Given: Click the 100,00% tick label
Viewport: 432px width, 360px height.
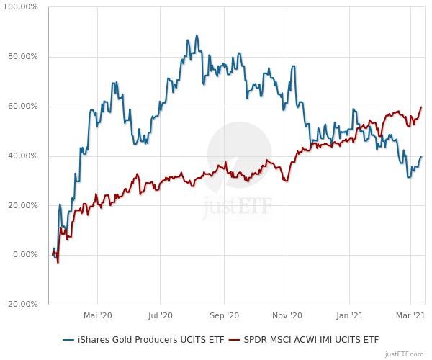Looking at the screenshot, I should click(x=22, y=7).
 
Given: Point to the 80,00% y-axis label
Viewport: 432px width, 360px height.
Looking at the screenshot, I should click(x=24, y=57).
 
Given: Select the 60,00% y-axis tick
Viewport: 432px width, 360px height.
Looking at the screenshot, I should click(x=24, y=107).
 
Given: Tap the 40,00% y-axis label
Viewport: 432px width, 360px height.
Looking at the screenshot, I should click(x=24, y=156).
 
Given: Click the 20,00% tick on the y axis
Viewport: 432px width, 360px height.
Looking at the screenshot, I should click(x=24, y=206).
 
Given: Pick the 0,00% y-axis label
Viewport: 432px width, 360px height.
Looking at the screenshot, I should click(x=25, y=255).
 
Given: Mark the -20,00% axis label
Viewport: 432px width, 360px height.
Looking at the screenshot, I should click(x=22, y=305).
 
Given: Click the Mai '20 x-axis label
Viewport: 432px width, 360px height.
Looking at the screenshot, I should click(x=98, y=315).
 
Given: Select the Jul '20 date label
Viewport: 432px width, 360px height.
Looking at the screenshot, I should click(x=160, y=315).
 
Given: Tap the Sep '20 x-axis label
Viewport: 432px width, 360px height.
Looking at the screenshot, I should click(x=223, y=315).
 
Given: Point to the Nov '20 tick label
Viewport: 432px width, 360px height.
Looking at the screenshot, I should click(x=287, y=315).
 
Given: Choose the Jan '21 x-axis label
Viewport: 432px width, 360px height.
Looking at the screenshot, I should click(x=349, y=315).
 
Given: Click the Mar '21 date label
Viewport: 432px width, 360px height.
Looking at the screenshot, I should click(x=410, y=315).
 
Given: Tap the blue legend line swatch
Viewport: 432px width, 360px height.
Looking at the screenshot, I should click(x=70, y=339).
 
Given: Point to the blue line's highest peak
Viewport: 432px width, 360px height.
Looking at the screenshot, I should click(x=197, y=35).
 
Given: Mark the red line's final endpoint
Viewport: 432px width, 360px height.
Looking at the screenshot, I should click(x=421, y=107).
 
